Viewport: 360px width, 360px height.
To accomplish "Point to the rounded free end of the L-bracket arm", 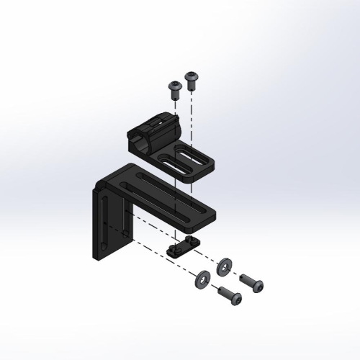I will [216, 212].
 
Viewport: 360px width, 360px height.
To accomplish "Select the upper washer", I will [224, 266].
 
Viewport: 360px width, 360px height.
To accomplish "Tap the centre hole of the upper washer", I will [224, 266].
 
